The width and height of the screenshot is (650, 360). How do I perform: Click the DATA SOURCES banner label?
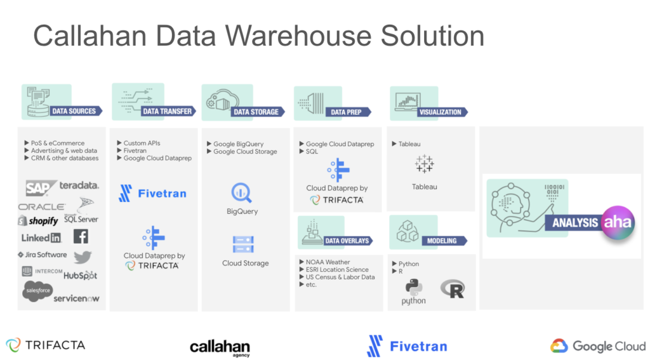tap(74, 111)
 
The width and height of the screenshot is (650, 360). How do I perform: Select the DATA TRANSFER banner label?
tap(167, 111)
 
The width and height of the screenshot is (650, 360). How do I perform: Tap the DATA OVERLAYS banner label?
tap(347, 241)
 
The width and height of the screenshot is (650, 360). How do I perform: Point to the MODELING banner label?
tap(442, 241)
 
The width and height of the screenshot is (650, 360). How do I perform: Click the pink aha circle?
tap(618, 223)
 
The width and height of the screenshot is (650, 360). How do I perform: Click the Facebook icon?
tap(81, 236)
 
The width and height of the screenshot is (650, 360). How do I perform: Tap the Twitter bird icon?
tap(83, 257)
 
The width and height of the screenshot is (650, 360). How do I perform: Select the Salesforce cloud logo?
tap(37, 290)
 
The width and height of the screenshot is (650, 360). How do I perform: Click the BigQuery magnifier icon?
tap(241, 193)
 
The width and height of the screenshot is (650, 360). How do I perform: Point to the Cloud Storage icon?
tap(243, 244)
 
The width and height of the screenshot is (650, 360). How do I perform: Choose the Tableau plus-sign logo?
tap(424, 164)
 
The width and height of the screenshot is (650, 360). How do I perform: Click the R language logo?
tap(453, 289)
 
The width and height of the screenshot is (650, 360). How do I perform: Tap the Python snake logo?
tap(414, 288)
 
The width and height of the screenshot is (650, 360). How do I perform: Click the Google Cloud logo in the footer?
tap(597, 345)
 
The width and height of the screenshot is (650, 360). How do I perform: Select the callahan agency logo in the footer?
tap(220, 347)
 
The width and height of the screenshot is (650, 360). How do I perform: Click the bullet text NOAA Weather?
tap(328, 262)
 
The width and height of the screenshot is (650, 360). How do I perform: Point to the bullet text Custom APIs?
tap(142, 143)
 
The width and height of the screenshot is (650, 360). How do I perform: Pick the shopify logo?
tap(38, 221)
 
